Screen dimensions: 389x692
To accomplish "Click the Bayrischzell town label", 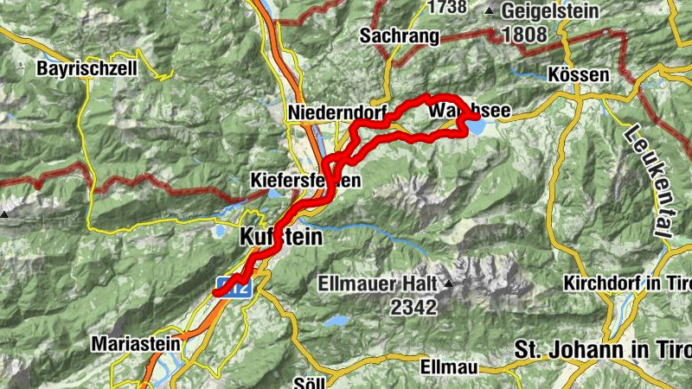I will (86, 68).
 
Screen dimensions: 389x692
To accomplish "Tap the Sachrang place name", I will (399, 36).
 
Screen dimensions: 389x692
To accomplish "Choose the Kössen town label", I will (579, 75).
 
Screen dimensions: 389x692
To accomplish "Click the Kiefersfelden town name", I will (304, 181).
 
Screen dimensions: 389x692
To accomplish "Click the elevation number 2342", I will (415, 306).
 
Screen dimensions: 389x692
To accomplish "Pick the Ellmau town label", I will (448, 367).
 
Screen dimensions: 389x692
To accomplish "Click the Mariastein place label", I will (136, 344).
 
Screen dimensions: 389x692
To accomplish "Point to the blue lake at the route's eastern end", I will (477, 127).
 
